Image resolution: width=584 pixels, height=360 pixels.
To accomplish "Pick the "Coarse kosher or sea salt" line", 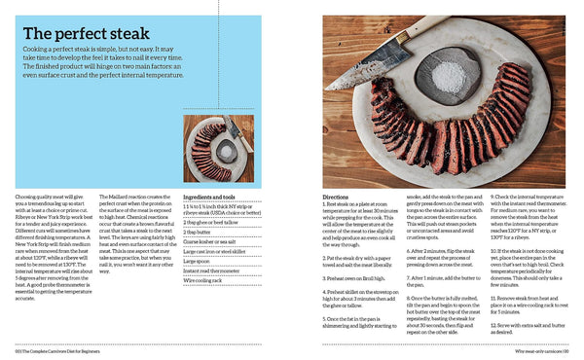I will [209, 242].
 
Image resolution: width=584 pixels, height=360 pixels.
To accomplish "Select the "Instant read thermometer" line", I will [208, 270].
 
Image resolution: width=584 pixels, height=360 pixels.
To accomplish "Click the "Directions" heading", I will [335, 197].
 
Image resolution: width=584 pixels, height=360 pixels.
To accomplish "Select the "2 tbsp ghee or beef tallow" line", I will [210, 223].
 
